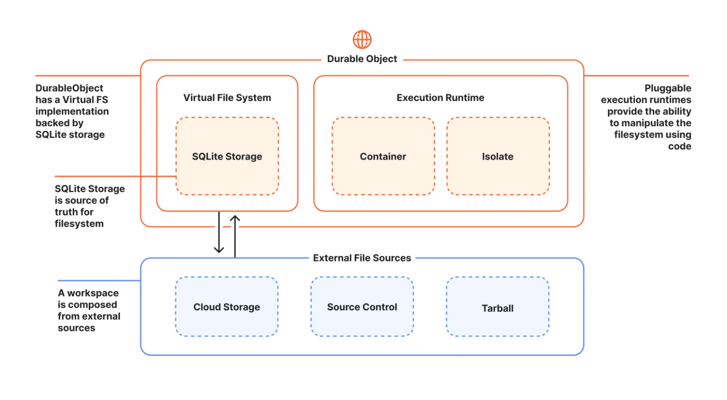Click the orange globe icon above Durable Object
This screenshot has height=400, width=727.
[x=362, y=39]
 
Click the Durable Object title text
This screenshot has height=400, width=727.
[x=362, y=59]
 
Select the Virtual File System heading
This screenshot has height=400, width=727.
[x=227, y=98]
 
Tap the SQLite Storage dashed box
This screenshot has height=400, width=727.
[x=227, y=156]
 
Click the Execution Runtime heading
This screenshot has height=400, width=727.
[x=440, y=98]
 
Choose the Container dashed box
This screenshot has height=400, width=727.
[x=383, y=156]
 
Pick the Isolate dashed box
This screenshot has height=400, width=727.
[x=498, y=156]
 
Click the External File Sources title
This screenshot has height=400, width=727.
[x=362, y=258]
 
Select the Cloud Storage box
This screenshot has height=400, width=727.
[x=227, y=306]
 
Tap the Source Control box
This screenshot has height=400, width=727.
[x=362, y=306]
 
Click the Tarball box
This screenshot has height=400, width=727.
[x=498, y=306]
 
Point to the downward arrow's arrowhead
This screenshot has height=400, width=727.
[x=219, y=250]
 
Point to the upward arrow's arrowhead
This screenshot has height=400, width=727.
[x=235, y=219]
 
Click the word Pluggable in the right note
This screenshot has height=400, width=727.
[x=668, y=88]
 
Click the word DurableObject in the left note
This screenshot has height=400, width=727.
[x=69, y=88]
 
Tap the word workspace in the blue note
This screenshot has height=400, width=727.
[x=93, y=293]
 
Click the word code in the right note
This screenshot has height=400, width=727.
[x=680, y=146]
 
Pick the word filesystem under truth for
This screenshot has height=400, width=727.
[x=79, y=223]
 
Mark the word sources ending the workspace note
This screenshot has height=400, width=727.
[x=76, y=328]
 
